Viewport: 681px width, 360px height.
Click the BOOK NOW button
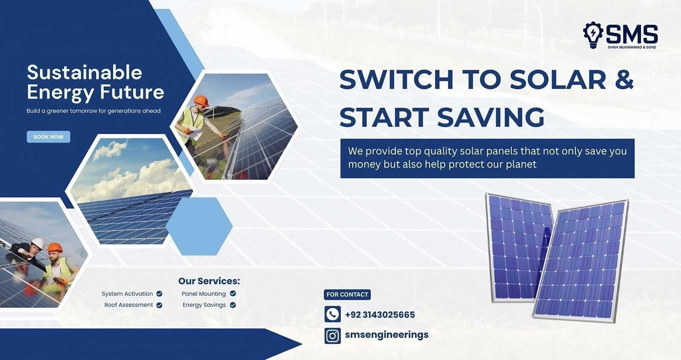49,137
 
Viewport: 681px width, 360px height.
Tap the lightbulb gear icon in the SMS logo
593,34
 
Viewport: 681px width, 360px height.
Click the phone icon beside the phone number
332,314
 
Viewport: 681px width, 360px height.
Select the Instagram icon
332,336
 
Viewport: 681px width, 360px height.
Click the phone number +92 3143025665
380,315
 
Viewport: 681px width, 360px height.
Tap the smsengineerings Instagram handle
387,335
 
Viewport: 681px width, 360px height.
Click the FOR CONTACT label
347,294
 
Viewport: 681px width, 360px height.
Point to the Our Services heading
209,281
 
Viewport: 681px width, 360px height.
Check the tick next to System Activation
159,294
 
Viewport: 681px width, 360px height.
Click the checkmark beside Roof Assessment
159,305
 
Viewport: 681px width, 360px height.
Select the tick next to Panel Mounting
233,294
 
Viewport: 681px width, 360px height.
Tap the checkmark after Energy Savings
233,305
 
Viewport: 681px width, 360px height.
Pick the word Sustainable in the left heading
85,72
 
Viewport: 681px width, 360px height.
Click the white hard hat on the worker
38,243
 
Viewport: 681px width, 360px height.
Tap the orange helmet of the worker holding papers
201,101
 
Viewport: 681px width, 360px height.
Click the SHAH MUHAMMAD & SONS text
632,47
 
